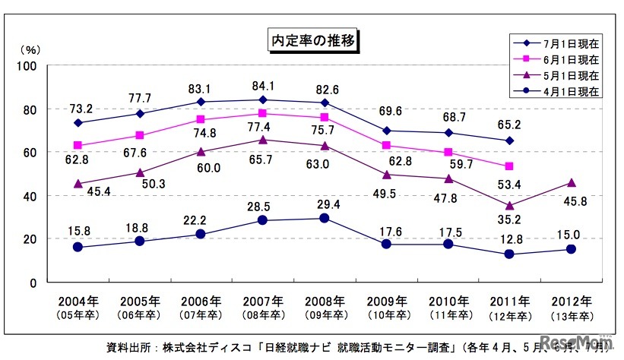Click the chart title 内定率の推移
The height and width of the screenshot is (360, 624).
[x=313, y=39]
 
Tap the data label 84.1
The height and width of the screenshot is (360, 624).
[x=264, y=85]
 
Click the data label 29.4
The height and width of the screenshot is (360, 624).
[x=325, y=204]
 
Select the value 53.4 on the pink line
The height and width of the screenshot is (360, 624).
[x=508, y=183]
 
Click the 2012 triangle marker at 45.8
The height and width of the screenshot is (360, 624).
[x=572, y=183]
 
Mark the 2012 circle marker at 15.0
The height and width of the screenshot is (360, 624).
[x=572, y=249]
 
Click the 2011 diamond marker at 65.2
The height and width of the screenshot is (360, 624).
[x=509, y=141]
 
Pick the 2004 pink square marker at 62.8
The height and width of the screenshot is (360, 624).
[x=79, y=146]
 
